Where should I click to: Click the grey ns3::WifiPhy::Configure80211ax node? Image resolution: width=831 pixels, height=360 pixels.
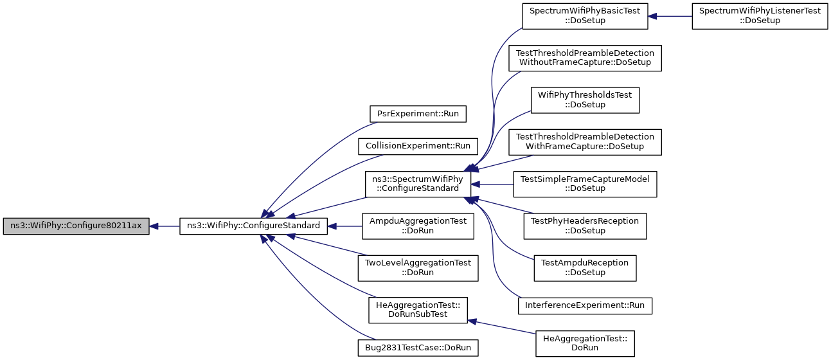[x=76, y=226]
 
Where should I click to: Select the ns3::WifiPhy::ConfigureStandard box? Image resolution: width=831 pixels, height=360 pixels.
[x=253, y=226]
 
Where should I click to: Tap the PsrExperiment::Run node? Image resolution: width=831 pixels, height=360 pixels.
[x=418, y=114]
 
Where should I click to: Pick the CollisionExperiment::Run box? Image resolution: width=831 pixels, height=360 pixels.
[x=418, y=146]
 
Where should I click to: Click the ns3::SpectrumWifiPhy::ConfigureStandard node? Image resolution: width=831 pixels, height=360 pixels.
[x=418, y=184]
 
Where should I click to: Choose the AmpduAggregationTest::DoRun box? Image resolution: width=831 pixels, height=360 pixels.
[x=418, y=226]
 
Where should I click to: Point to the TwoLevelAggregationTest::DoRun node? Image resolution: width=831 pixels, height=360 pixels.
[x=418, y=268]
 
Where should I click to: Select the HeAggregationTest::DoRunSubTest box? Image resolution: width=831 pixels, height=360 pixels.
[x=418, y=310]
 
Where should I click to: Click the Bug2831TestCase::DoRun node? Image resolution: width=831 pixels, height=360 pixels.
[x=418, y=348]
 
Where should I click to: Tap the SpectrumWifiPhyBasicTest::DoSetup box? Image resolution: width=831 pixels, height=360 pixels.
[x=585, y=16]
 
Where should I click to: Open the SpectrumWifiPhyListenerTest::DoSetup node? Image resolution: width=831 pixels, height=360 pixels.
[x=760, y=16]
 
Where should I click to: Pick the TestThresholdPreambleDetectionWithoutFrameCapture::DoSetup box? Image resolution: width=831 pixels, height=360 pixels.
[x=585, y=59]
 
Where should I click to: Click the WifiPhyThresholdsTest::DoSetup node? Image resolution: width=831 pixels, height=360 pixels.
[x=585, y=100]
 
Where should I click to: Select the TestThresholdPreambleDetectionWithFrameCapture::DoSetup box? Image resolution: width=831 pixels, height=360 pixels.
[x=585, y=142]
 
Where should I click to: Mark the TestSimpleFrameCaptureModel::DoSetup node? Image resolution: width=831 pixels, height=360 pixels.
[x=585, y=184]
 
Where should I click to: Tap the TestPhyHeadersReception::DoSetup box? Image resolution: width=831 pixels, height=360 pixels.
[x=585, y=226]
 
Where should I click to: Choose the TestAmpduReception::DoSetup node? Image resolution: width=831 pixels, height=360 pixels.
[x=585, y=268]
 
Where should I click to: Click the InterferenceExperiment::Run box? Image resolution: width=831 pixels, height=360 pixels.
[x=585, y=306]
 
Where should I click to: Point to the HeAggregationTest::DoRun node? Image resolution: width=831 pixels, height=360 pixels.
[x=585, y=344]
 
